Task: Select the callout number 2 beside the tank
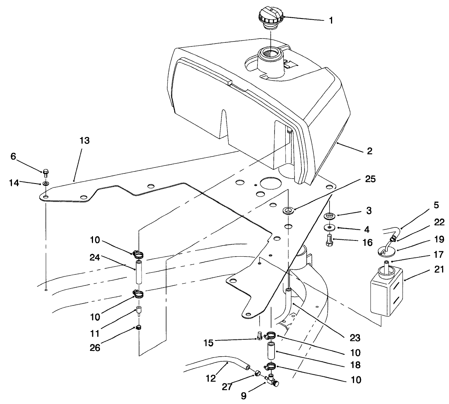click(x=369, y=151)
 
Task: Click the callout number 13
click(x=85, y=141)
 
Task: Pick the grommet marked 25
click(x=288, y=210)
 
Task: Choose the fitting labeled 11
click(x=139, y=310)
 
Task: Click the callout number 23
click(x=355, y=338)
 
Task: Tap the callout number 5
click(x=436, y=206)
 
